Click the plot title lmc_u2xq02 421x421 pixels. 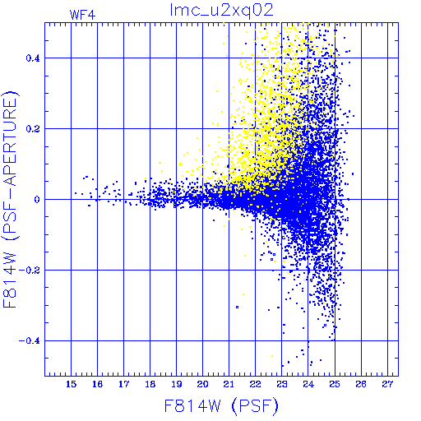(x=221, y=11)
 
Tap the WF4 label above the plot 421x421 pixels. (x=82, y=15)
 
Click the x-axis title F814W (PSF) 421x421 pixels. (x=221, y=406)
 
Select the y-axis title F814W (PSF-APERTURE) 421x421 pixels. (x=11, y=199)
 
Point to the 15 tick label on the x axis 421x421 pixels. (x=72, y=384)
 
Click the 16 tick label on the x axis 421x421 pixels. (x=98, y=384)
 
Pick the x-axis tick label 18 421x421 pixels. (x=150, y=384)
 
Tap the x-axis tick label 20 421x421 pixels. (x=203, y=384)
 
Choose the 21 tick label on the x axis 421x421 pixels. (x=229, y=384)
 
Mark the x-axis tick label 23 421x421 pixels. (x=282, y=384)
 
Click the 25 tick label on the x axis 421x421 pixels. (x=335, y=384)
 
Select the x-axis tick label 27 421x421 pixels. (x=387, y=384)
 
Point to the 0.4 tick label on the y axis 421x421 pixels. (x=33, y=58)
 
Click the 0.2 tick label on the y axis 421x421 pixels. (x=33, y=129)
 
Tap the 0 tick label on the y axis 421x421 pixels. (x=37, y=200)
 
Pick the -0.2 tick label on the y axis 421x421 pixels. (x=30, y=271)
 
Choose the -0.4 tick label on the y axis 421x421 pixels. (x=30, y=341)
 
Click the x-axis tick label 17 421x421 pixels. (x=124, y=384)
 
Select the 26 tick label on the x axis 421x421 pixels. (x=361, y=384)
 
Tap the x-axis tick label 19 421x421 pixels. (x=177, y=384)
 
